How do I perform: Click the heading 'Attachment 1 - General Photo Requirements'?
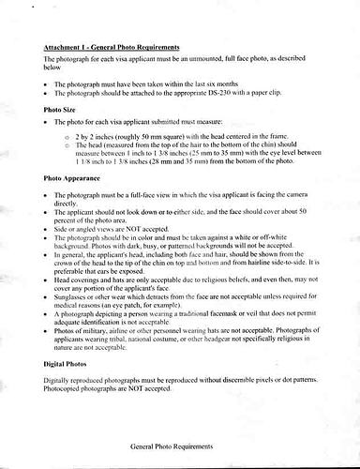[112, 45]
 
